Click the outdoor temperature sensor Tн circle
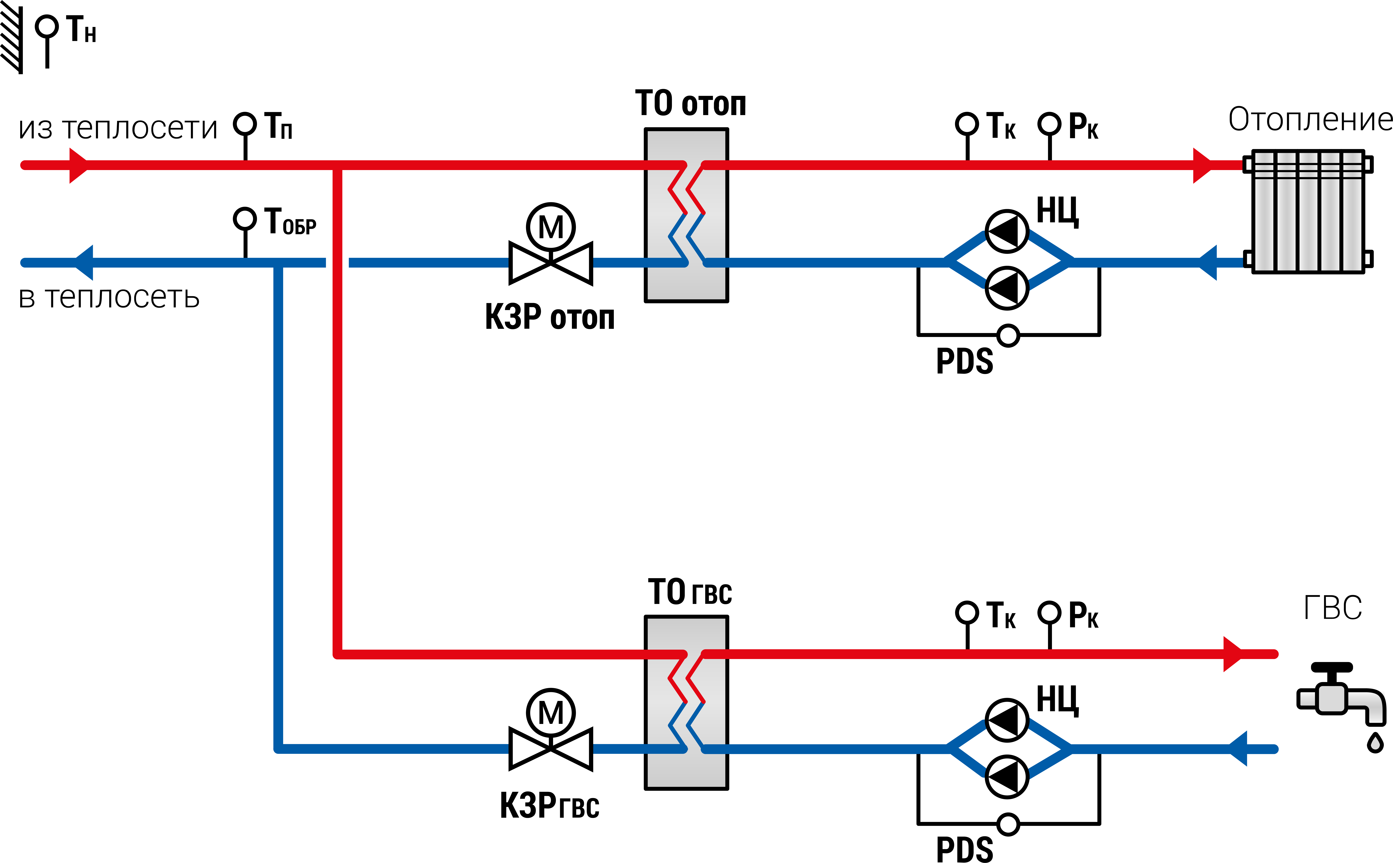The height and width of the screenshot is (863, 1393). (x=47, y=26)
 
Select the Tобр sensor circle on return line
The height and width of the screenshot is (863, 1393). (x=245, y=219)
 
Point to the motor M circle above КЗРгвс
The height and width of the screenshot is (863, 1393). (x=551, y=712)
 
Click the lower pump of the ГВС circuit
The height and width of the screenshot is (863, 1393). (x=1007, y=777)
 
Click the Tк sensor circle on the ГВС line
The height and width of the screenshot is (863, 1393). (x=967, y=612)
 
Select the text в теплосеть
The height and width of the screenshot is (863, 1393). (x=109, y=297)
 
